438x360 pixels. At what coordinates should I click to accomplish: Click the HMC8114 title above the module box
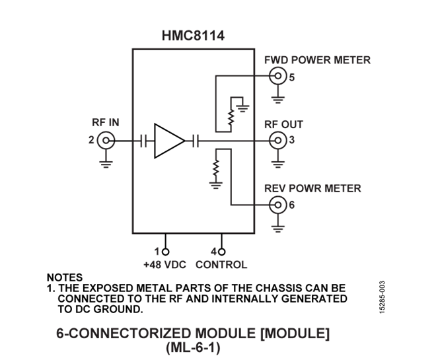(193, 36)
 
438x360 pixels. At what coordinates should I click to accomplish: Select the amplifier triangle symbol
(168, 140)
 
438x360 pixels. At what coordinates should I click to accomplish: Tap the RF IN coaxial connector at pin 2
(106, 140)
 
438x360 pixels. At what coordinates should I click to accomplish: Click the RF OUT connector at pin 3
(278, 140)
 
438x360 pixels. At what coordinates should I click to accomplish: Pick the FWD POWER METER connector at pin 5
(278, 77)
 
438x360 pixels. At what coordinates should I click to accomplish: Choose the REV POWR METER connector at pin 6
(278, 205)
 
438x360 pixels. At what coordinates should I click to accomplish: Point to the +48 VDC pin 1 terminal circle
(166, 252)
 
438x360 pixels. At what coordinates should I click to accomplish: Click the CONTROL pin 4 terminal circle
(222, 252)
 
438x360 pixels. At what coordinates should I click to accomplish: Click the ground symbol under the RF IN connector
(106, 162)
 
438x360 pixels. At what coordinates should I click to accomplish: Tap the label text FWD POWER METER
(317, 60)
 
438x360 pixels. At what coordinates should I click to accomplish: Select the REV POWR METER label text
(312, 188)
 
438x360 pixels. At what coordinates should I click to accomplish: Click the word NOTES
(65, 278)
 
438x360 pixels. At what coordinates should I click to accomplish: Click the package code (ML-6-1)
(193, 347)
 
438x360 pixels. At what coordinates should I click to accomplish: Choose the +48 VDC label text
(164, 265)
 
